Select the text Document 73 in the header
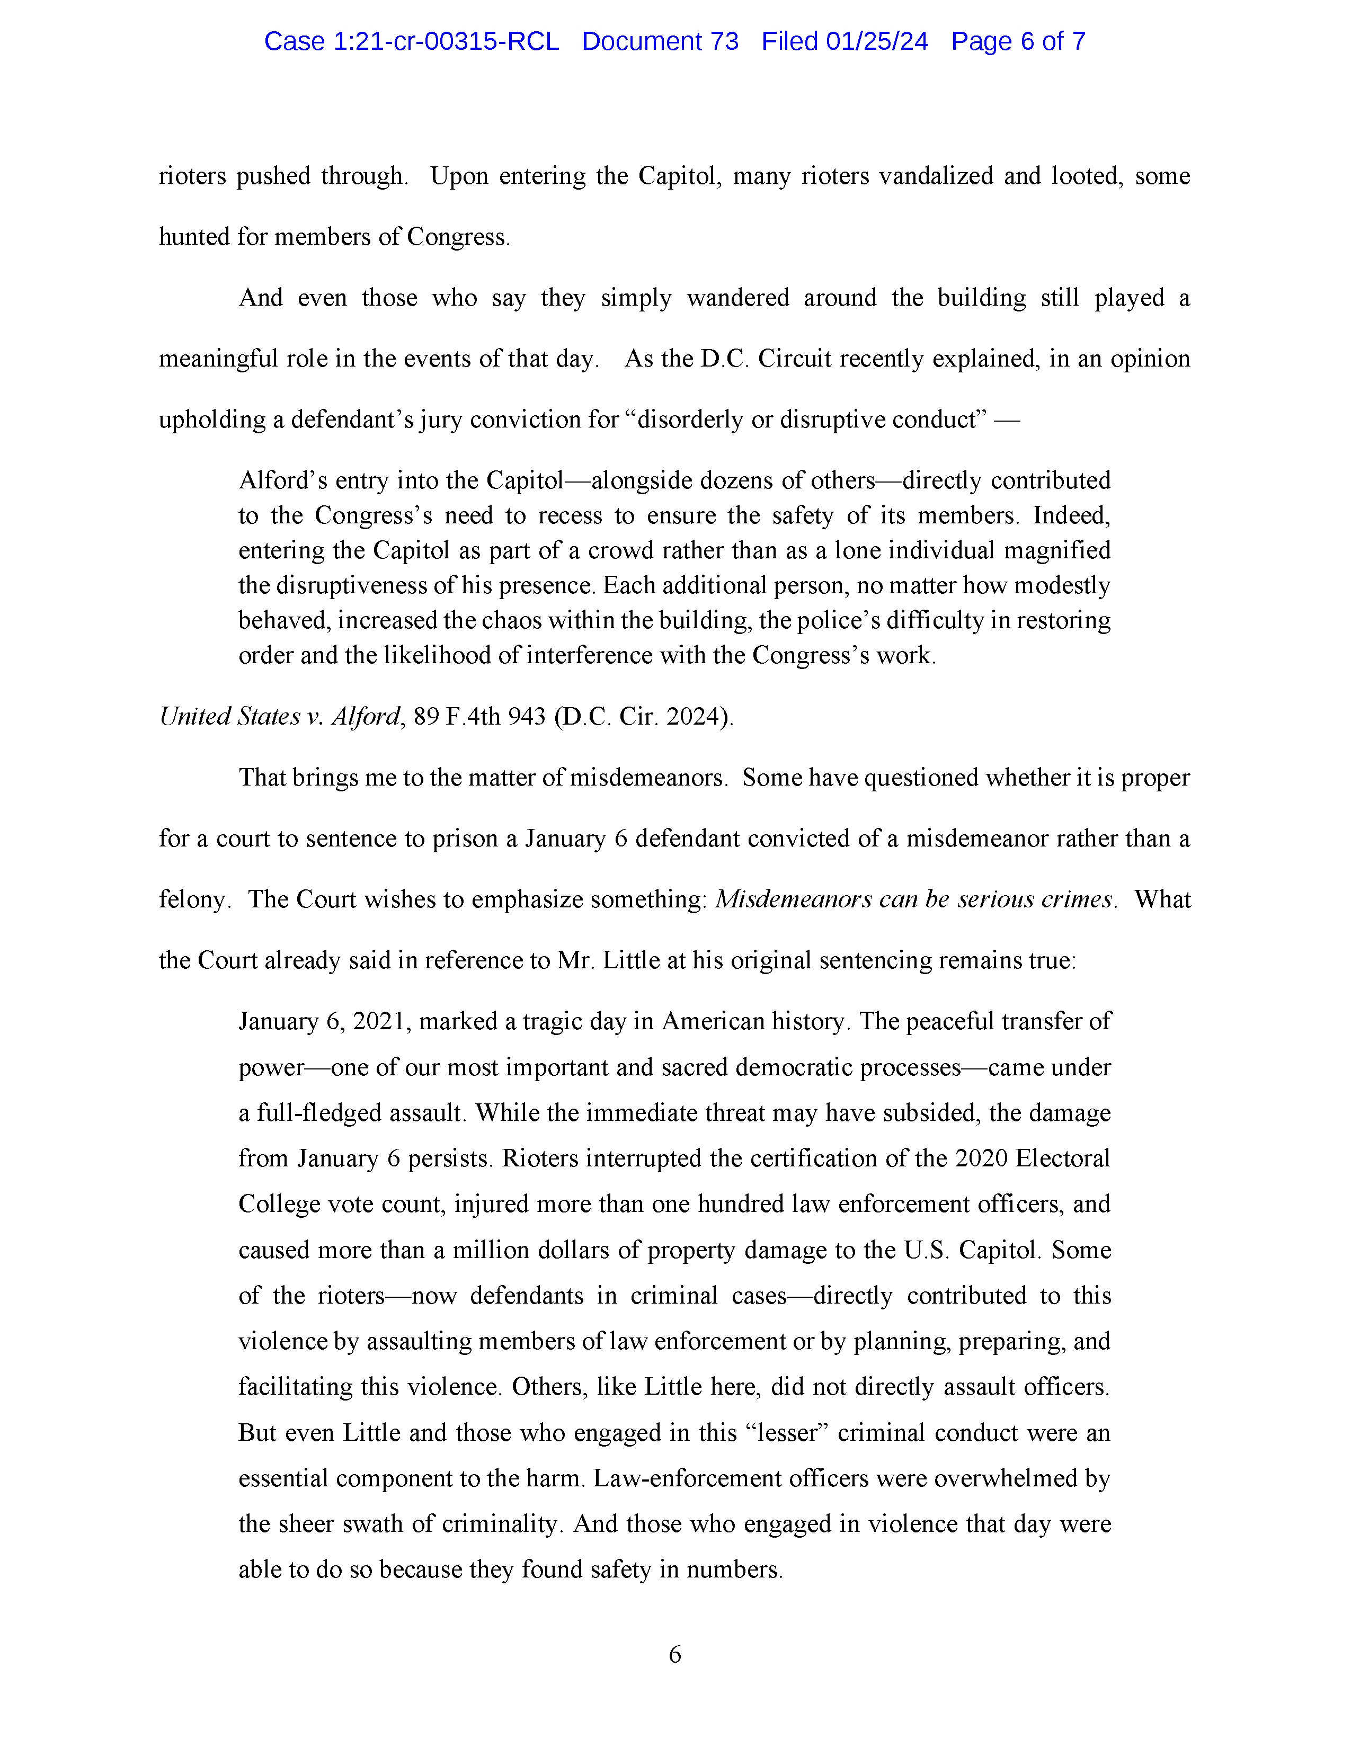(x=660, y=42)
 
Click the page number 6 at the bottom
(x=674, y=1654)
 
